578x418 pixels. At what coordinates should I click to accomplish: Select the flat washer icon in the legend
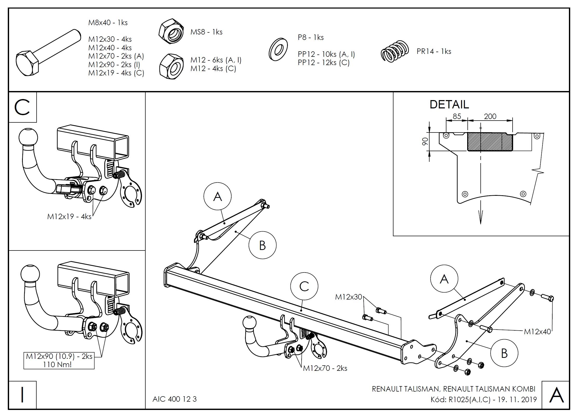[x=278, y=50]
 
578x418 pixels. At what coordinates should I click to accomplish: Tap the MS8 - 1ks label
[x=206, y=32]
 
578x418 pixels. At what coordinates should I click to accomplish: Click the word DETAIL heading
[x=449, y=104]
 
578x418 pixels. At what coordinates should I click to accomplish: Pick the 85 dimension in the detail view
[x=457, y=116]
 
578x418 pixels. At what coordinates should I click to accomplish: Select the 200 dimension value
[x=490, y=116]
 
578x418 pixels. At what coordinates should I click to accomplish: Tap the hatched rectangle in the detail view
[x=490, y=142]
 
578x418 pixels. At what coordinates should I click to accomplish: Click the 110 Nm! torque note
[x=57, y=364]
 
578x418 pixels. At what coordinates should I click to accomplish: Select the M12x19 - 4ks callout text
[x=69, y=217]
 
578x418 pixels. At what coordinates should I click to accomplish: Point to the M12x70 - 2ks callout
[x=325, y=368]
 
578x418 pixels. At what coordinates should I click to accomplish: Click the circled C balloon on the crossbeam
[x=304, y=286]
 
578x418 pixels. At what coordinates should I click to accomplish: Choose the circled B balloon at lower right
[x=504, y=353]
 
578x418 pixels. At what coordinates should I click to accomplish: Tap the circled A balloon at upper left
[x=217, y=196]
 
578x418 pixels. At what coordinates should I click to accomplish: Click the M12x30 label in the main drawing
[x=348, y=297]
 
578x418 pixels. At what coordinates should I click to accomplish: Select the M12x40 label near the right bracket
[x=537, y=332]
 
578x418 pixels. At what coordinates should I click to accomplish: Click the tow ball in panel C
[x=28, y=137]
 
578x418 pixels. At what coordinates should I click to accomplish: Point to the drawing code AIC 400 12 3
[x=174, y=399]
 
